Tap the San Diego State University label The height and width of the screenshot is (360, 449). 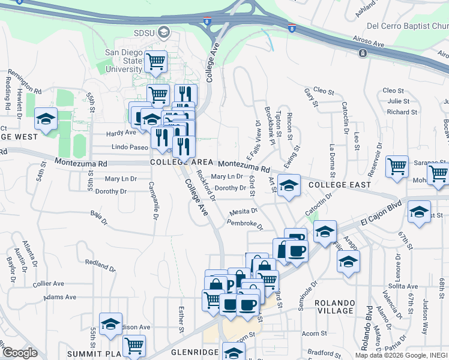(124, 61)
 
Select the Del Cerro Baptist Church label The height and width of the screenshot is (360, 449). (407, 26)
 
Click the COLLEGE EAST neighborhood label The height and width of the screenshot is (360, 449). (339, 185)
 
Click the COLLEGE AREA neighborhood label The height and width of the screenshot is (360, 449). (181, 163)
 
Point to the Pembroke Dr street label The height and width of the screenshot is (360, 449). (245, 223)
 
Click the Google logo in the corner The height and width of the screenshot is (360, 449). (19, 353)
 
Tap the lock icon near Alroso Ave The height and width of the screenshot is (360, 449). (363, 53)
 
